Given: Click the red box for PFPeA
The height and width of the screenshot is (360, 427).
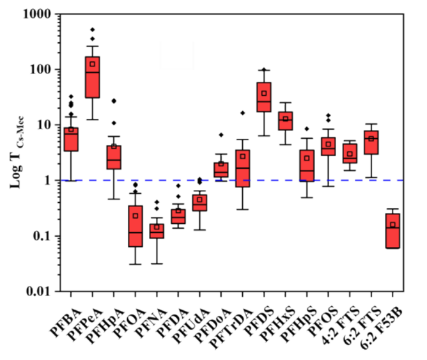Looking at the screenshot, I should (x=93, y=77).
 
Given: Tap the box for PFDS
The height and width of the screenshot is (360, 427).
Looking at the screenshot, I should (x=264, y=97).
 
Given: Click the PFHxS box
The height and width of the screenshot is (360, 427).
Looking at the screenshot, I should (x=286, y=121).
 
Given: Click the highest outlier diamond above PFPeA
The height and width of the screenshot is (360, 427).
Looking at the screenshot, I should (x=93, y=29).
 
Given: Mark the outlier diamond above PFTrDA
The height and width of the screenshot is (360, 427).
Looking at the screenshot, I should (x=243, y=113).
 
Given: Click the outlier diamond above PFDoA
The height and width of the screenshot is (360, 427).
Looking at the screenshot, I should (x=221, y=135).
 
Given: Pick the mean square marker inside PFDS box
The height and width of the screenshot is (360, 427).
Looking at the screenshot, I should (x=264, y=93).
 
